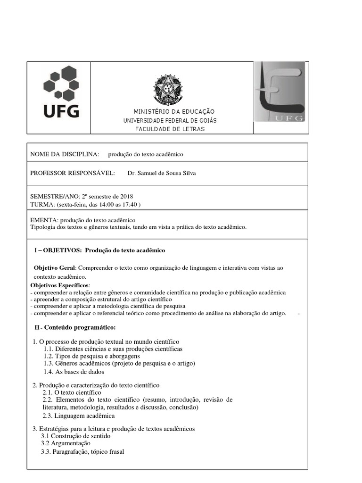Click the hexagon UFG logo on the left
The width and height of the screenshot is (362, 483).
pyautogui.click(x=61, y=92)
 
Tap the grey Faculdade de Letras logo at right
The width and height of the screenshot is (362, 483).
pyautogui.click(x=280, y=92)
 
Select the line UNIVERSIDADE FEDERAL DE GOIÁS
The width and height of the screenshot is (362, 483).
pyautogui.click(x=170, y=120)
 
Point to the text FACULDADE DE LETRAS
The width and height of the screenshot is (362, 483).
pyautogui.click(x=170, y=129)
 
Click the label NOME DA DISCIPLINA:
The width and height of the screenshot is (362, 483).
pyautogui.click(x=65, y=154)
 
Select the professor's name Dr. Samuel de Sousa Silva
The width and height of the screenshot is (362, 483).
pyautogui.click(x=162, y=173)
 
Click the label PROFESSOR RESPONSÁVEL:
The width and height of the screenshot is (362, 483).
pyautogui.click(x=73, y=173)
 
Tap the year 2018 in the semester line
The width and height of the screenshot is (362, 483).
pyautogui.click(x=127, y=196)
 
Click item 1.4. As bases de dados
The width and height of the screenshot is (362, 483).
pyautogui.click(x=70, y=371)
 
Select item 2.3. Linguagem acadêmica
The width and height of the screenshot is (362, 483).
pyautogui.click(x=78, y=416)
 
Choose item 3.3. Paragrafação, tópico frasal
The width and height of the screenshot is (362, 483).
pyautogui.click(x=82, y=452)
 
